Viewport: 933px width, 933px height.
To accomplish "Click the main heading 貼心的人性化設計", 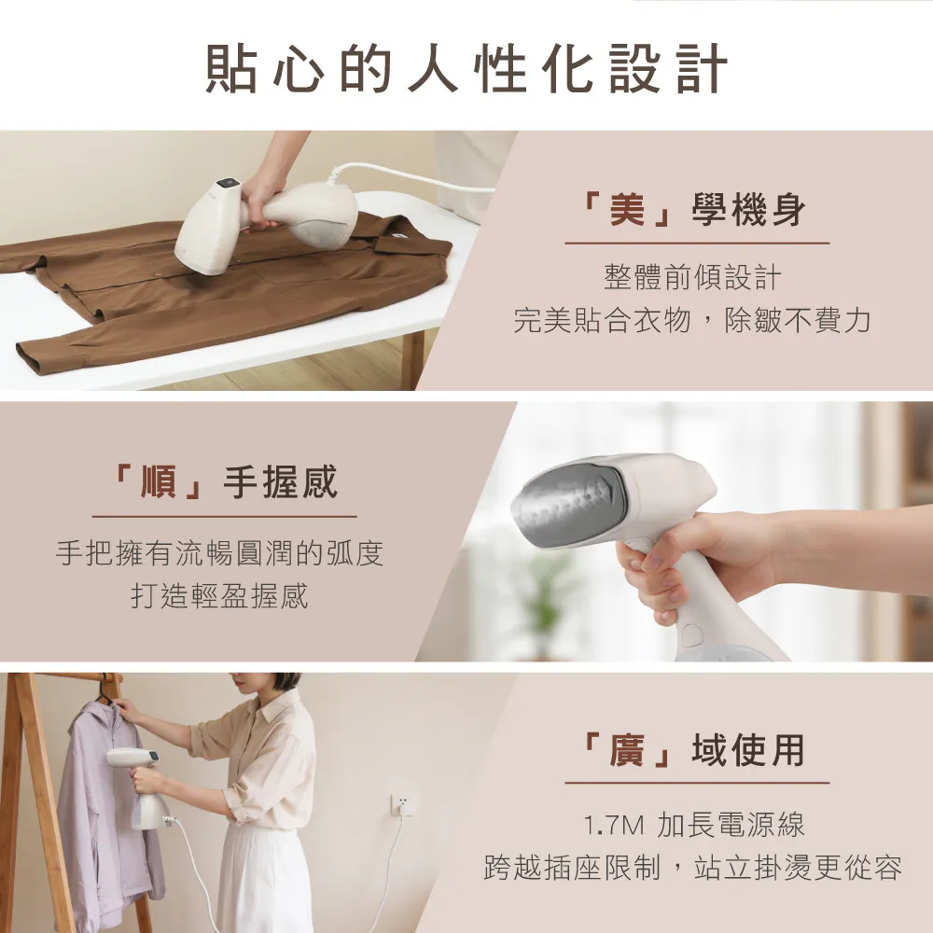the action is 466,68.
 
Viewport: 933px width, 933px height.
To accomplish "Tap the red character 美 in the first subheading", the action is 627,210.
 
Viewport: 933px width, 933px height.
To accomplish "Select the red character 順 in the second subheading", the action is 159,481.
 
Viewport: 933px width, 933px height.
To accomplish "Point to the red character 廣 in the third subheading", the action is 627,750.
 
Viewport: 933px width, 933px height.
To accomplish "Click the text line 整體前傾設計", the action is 692,277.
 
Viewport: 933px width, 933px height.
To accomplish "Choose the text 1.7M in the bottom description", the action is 614,826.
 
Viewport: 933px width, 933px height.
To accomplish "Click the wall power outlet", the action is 403,803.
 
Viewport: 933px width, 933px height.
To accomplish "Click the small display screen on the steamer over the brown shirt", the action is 228,183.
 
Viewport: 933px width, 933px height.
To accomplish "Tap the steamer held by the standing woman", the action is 142,786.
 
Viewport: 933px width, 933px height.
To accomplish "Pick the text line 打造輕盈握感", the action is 220,596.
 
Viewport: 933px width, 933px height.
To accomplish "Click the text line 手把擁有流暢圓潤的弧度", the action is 220,552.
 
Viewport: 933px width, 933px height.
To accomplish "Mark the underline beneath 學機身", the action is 697,244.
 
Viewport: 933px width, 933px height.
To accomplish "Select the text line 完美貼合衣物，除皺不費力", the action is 692,321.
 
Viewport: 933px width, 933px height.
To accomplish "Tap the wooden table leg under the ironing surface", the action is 412,359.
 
